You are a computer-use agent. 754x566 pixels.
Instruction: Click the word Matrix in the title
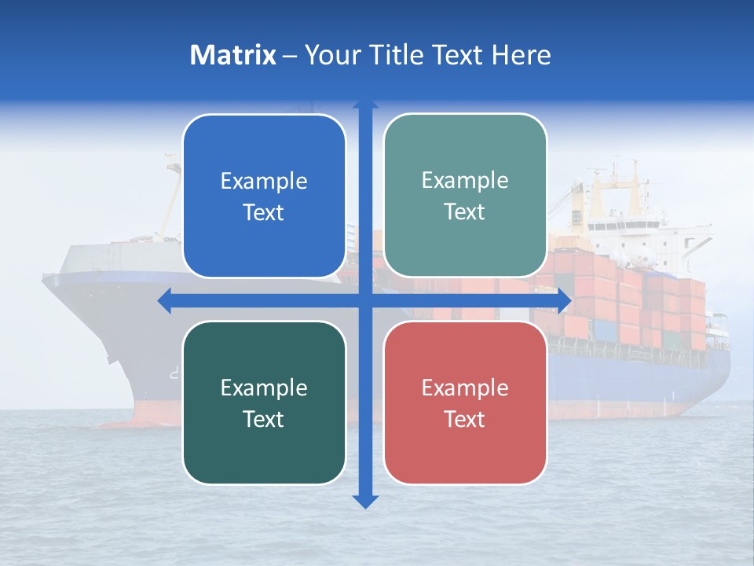232,55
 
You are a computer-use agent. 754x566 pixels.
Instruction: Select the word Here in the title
521,55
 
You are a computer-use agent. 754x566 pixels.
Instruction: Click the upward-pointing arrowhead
365,104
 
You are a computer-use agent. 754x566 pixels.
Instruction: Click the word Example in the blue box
264,182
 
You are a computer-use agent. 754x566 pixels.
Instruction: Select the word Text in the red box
465,419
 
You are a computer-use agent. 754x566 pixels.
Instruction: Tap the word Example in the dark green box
264,388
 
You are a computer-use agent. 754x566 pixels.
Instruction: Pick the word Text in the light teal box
465,211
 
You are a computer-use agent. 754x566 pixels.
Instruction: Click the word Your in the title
329,55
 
